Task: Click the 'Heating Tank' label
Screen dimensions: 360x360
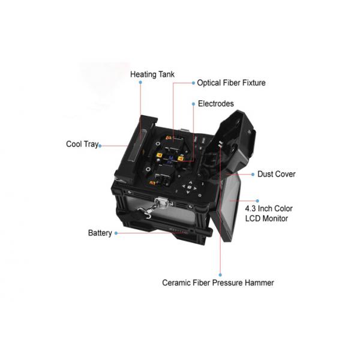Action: [152, 74]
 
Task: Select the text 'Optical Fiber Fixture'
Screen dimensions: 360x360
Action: [231, 83]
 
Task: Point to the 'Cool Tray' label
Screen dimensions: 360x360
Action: [82, 144]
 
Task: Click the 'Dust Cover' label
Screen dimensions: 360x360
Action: [276, 174]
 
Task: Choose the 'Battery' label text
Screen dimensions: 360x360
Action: [100, 233]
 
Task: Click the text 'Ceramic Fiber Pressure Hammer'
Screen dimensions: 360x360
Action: [218, 282]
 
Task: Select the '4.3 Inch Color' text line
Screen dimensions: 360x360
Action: [269, 208]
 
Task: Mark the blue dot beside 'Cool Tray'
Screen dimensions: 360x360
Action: [100, 145]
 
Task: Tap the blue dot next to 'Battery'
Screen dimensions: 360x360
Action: [115, 233]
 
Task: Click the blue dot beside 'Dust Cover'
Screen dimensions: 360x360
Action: [253, 174]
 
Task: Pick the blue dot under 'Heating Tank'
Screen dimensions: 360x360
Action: [140, 83]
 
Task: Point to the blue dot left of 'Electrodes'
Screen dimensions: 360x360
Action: [193, 104]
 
